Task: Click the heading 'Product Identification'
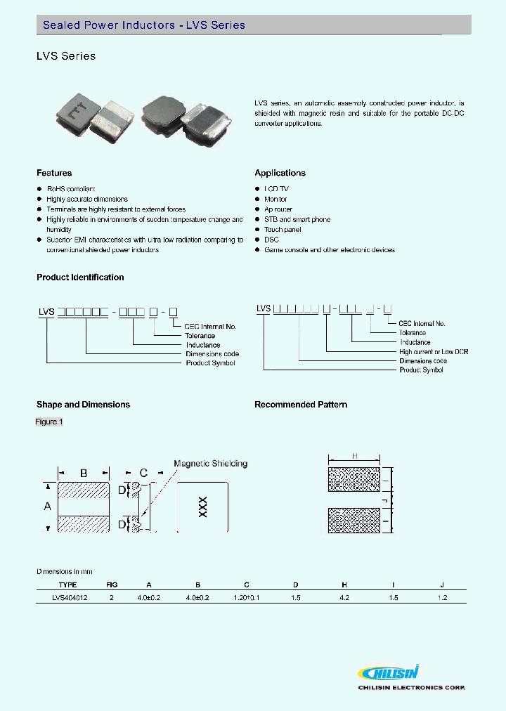click(80, 278)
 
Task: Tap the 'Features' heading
click(54, 173)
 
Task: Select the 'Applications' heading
click(280, 173)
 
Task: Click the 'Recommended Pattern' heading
click(301, 405)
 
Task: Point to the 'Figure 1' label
click(49, 422)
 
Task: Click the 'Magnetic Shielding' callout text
click(210, 464)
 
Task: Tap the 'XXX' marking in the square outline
click(202, 507)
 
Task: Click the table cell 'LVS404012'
click(70, 597)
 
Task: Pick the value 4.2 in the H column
click(344, 597)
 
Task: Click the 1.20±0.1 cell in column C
click(246, 597)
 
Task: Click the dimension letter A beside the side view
click(48, 507)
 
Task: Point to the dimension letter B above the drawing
click(83, 473)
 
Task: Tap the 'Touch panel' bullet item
click(283, 230)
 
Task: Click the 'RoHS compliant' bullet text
click(70, 189)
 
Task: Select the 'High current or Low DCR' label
click(434, 351)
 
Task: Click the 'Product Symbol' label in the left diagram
click(210, 363)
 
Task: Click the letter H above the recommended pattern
click(354, 457)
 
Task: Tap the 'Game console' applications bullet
click(329, 250)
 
